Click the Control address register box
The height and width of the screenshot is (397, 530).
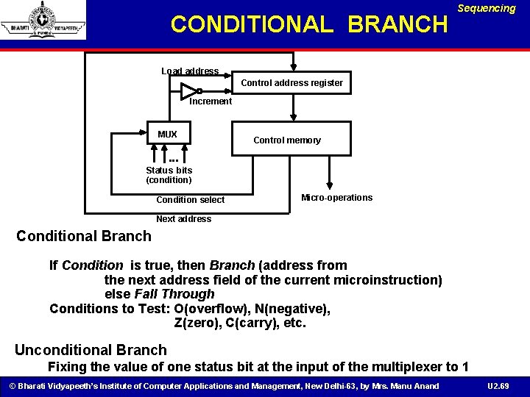click(x=291, y=83)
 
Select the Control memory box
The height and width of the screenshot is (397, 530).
click(x=287, y=140)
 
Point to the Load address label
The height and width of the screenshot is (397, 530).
click(x=190, y=71)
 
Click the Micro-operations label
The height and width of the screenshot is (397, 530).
click(x=337, y=198)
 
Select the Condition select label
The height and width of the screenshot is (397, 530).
click(x=191, y=200)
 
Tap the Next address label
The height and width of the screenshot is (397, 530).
click(x=183, y=219)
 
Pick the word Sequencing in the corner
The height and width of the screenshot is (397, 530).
click(x=487, y=9)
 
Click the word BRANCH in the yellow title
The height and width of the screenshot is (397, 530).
click(x=397, y=24)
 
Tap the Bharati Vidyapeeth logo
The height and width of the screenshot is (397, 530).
click(x=43, y=20)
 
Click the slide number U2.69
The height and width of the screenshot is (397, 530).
click(x=498, y=386)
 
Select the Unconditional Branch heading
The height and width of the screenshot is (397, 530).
click(x=91, y=350)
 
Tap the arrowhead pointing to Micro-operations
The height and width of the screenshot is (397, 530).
click(x=329, y=185)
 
